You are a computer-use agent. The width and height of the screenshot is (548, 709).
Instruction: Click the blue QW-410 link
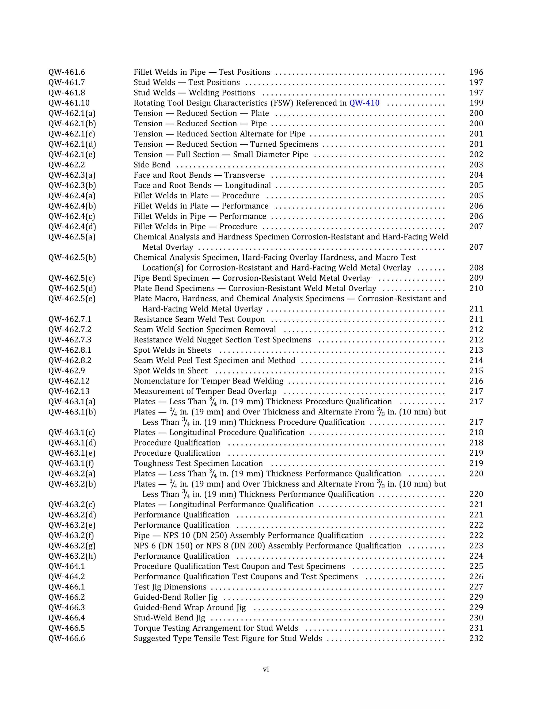364,103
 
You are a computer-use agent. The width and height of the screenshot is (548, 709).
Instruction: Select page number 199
476,103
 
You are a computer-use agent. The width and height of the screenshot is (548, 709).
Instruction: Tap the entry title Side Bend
152,165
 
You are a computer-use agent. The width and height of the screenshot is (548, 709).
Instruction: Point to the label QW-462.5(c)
72,278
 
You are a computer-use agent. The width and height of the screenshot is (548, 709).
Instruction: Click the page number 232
476,639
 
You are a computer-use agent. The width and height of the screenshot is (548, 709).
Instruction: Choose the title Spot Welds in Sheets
172,350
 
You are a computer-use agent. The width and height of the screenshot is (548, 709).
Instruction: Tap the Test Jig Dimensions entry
170,587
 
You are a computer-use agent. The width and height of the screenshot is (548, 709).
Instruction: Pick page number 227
476,587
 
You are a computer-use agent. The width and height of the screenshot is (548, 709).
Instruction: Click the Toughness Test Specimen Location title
198,464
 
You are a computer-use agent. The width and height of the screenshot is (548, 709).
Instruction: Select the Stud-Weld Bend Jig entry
169,618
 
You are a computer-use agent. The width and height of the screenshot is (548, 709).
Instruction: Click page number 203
476,165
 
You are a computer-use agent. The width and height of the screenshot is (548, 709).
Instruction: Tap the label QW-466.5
67,628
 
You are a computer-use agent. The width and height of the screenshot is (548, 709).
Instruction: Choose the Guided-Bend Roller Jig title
176,597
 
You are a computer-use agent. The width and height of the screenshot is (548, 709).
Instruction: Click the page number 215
476,371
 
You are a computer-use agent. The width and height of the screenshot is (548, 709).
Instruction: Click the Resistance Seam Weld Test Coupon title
199,319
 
